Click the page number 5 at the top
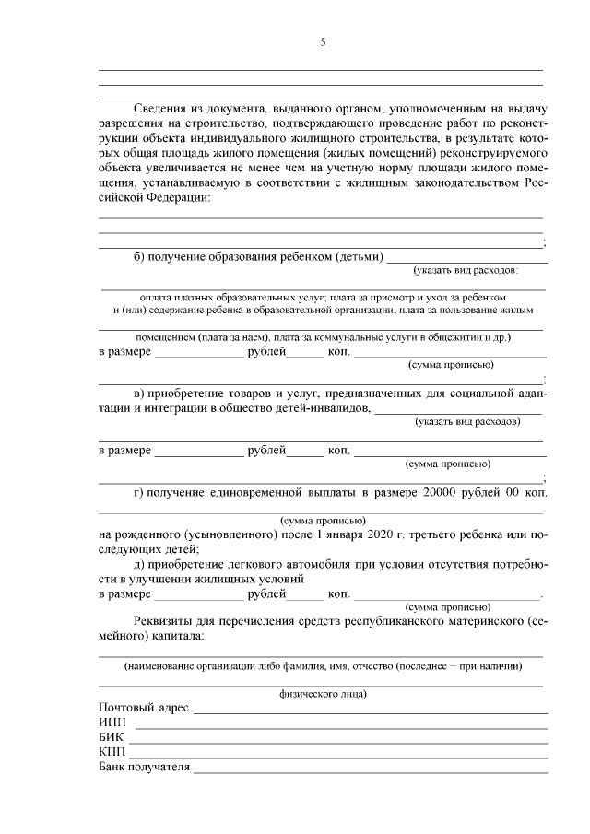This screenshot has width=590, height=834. click(323, 41)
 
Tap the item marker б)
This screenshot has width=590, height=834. click(139, 255)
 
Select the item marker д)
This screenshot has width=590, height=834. click(139, 564)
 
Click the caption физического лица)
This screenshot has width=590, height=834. click(323, 693)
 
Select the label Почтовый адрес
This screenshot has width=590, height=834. click(143, 708)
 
